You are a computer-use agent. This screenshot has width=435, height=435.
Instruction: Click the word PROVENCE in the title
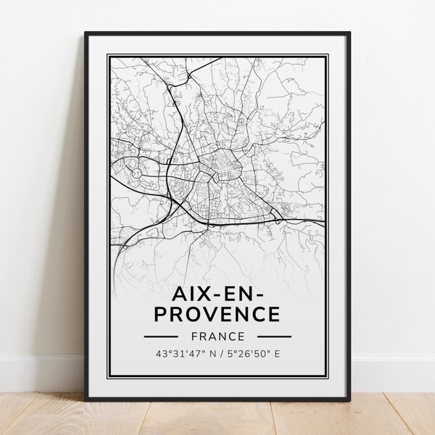pos(217,313)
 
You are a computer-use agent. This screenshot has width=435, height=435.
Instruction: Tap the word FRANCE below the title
pos(217,337)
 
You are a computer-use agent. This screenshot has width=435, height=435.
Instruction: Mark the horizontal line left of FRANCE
pos(160,337)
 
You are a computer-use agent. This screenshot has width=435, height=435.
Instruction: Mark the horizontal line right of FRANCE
pos(275,337)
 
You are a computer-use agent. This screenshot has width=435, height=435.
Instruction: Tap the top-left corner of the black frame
pos(86,33)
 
